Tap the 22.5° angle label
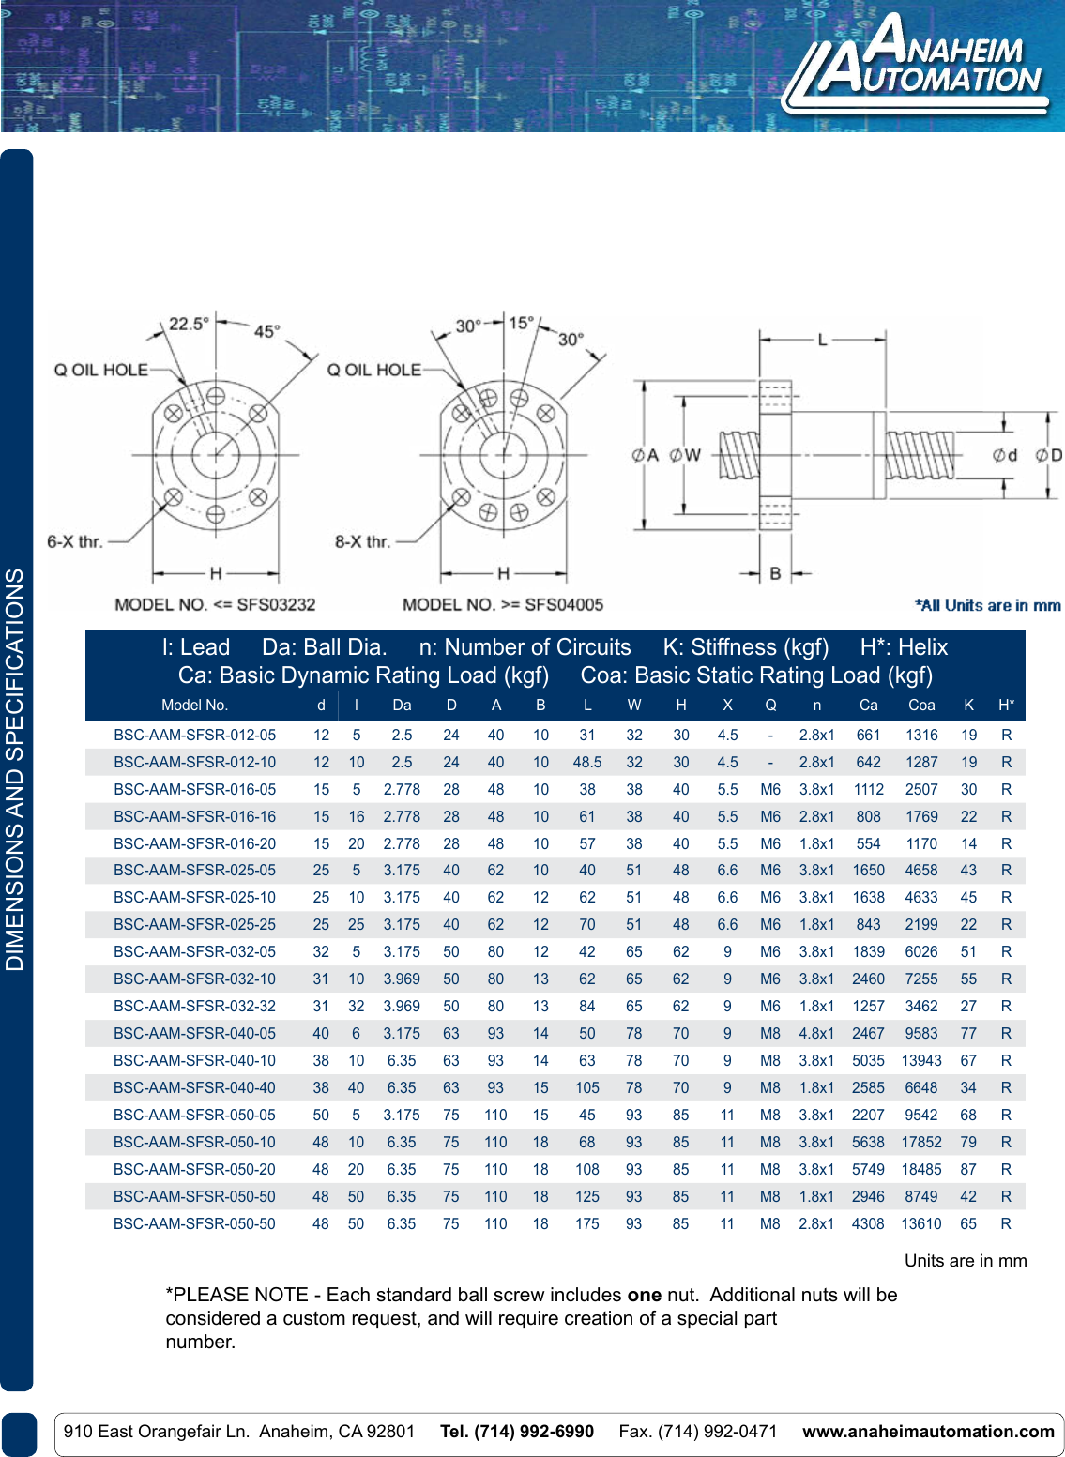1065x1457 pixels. [189, 325]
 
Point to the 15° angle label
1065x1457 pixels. [521, 324]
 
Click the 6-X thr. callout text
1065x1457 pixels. [74, 541]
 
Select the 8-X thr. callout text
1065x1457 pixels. [362, 541]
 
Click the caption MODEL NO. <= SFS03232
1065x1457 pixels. [215, 605]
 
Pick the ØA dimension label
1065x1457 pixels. [646, 456]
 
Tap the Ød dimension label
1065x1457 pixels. [1005, 455]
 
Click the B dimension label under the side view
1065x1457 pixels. [775, 573]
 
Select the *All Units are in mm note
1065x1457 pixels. [988, 606]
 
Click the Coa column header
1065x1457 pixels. [921, 706]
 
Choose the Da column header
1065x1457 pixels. [402, 706]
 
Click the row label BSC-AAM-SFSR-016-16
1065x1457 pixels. [195, 817]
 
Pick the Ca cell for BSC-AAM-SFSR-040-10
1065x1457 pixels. [868, 1061]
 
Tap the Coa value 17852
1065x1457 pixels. [920, 1143]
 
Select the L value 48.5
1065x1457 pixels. [587, 763]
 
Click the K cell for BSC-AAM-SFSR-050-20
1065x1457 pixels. [968, 1170]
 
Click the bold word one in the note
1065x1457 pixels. [645, 1295]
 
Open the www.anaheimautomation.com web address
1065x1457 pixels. [928, 1432]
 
